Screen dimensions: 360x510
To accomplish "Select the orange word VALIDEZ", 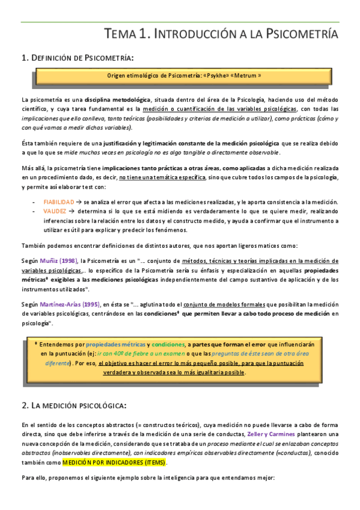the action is click(55, 212).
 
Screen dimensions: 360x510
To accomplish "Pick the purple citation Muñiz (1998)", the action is click(59, 260).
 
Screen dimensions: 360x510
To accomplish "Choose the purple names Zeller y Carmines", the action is click(269, 434).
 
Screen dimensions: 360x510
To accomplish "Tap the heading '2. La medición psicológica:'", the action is click(73, 406).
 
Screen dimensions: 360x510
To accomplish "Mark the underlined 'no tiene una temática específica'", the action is click(162, 179).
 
